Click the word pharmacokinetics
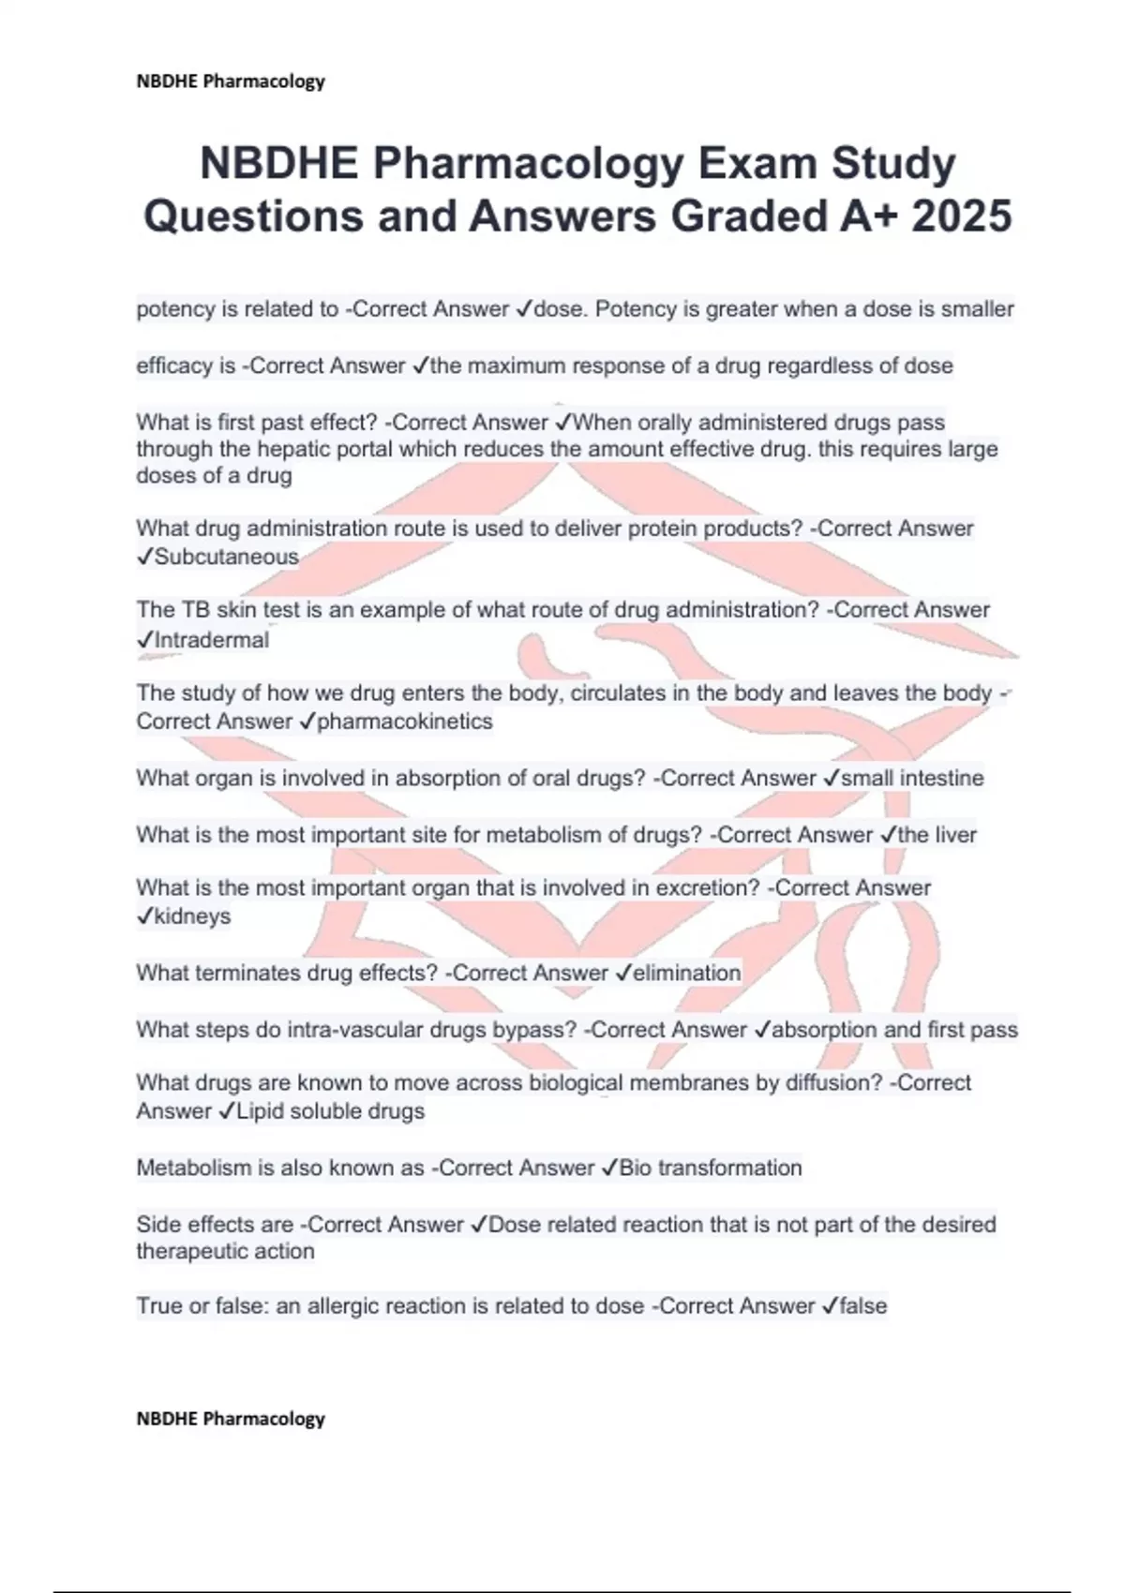pos(405,722)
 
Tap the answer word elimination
pos(687,973)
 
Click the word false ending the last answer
pos(863,1305)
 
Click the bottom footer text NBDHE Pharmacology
pos(231,1419)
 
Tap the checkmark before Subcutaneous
pos(144,557)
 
